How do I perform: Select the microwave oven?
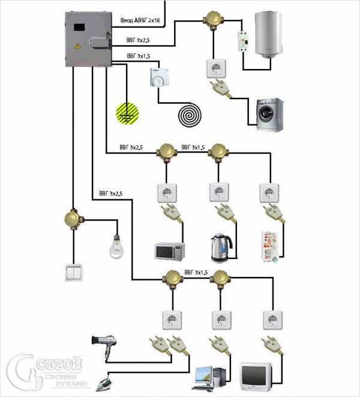(x=170, y=250)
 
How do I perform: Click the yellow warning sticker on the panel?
(x=77, y=46)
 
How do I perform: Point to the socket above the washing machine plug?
(x=215, y=67)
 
